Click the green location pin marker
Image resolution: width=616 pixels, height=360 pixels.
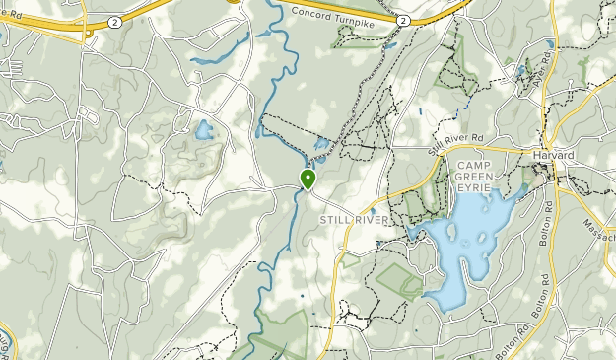[308, 179]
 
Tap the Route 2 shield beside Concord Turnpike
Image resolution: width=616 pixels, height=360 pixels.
[403, 19]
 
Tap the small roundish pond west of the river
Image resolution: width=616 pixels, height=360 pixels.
[204, 129]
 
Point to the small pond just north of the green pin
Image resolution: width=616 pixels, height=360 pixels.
[320, 146]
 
